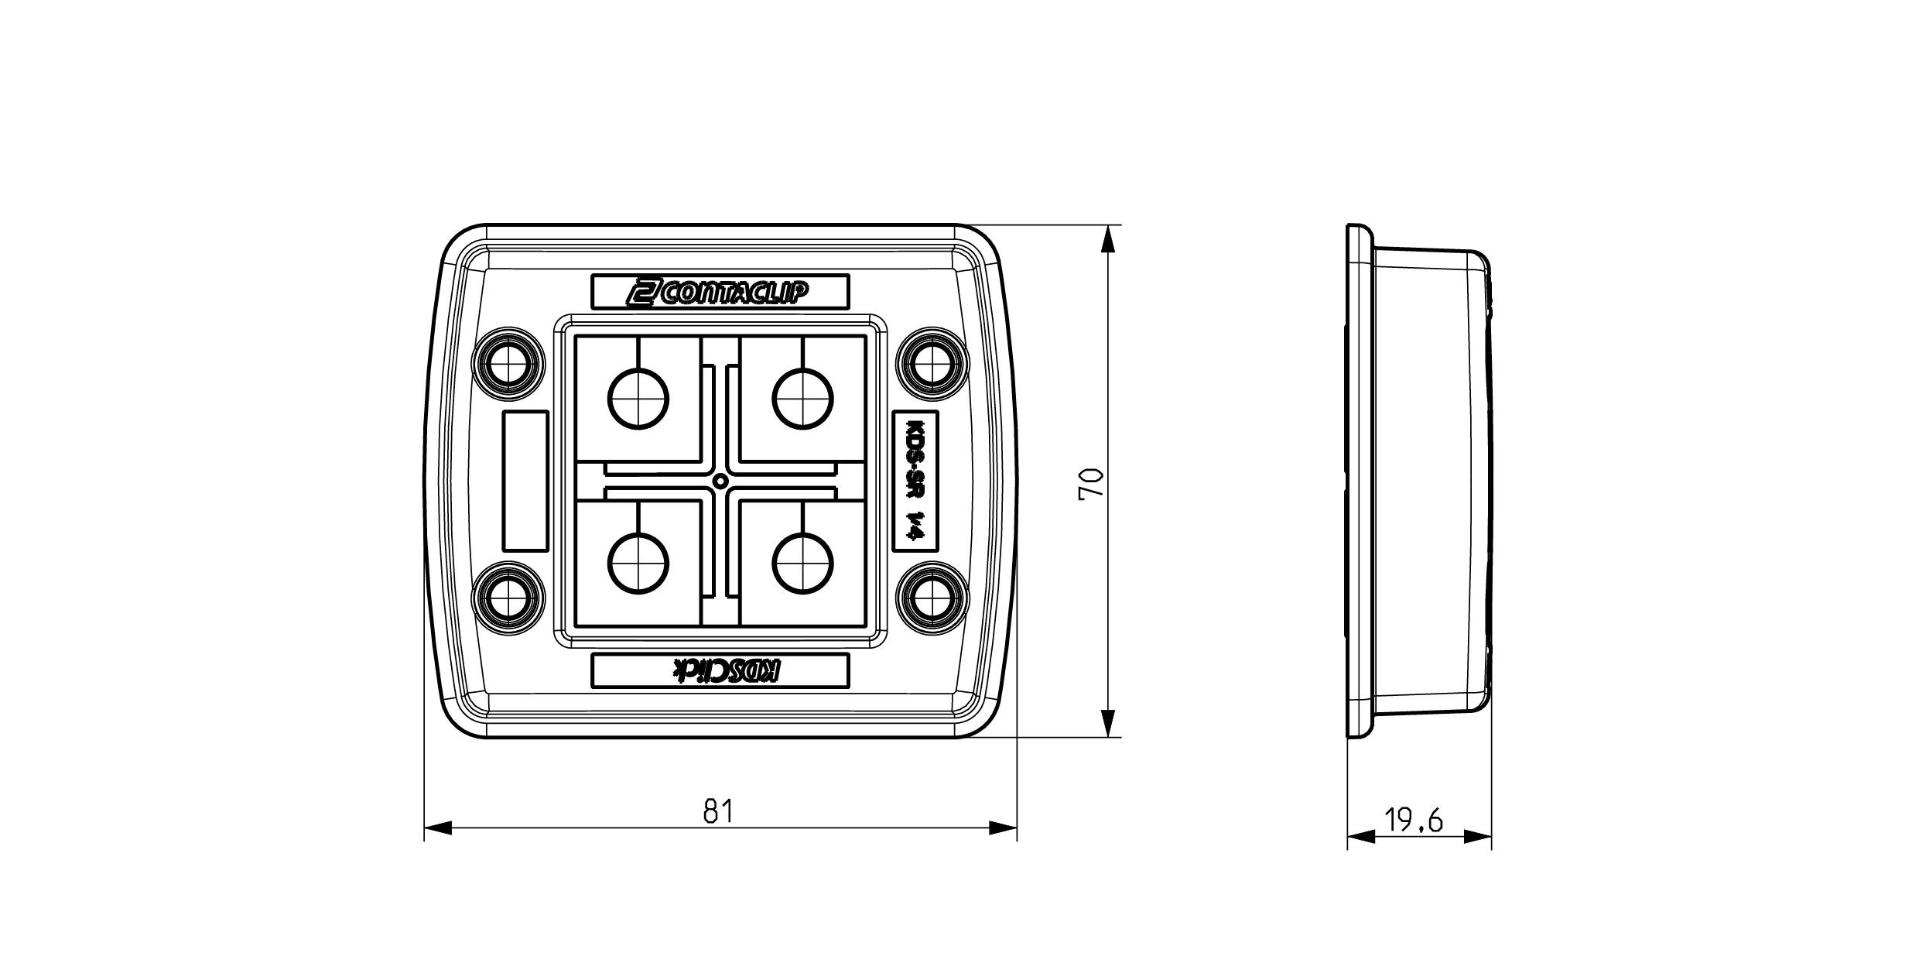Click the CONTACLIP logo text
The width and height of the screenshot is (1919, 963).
click(x=720, y=293)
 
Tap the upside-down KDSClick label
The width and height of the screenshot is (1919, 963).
click(x=720, y=671)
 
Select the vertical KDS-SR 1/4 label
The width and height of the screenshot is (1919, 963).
click(x=915, y=481)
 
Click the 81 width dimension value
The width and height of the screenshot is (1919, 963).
click(x=718, y=811)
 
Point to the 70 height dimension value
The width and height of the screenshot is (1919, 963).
click(x=1091, y=484)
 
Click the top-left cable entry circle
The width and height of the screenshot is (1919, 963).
click(x=639, y=399)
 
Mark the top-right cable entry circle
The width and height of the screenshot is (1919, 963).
click(x=803, y=399)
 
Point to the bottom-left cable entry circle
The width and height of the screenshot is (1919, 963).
click(x=639, y=563)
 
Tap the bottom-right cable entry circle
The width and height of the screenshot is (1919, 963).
click(x=803, y=563)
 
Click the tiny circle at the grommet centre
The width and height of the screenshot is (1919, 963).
click(x=720, y=481)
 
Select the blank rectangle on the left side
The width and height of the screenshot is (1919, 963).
click(x=526, y=481)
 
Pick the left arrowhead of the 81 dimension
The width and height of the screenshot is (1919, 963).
click(x=438, y=829)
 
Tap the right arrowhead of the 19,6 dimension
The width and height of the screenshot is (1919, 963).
click(x=1479, y=837)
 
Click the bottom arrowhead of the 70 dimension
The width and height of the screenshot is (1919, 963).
click(x=1109, y=724)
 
